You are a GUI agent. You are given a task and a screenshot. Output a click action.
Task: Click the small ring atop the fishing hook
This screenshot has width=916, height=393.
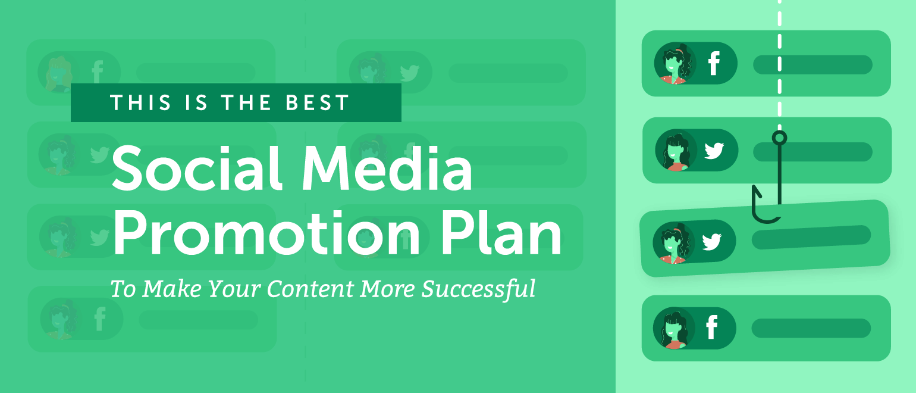[x=779, y=138]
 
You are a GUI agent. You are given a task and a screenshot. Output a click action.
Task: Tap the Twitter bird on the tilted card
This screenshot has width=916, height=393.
[x=711, y=242]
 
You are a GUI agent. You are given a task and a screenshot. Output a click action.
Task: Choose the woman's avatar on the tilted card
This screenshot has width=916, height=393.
[x=675, y=243]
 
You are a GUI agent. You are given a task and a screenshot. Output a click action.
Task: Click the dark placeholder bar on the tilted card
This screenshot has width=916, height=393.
[x=811, y=236]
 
